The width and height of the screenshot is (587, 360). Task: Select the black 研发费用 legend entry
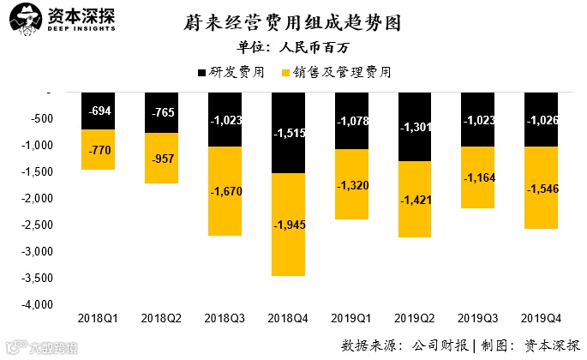tap(231, 73)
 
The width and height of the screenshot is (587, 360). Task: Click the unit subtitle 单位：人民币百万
tap(293, 47)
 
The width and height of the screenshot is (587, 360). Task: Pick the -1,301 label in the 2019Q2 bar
tap(416, 128)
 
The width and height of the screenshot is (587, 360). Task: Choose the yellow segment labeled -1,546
tap(543, 188)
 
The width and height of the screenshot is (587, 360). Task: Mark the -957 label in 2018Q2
tap(161, 159)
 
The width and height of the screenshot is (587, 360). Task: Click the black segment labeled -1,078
tap(353, 121)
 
